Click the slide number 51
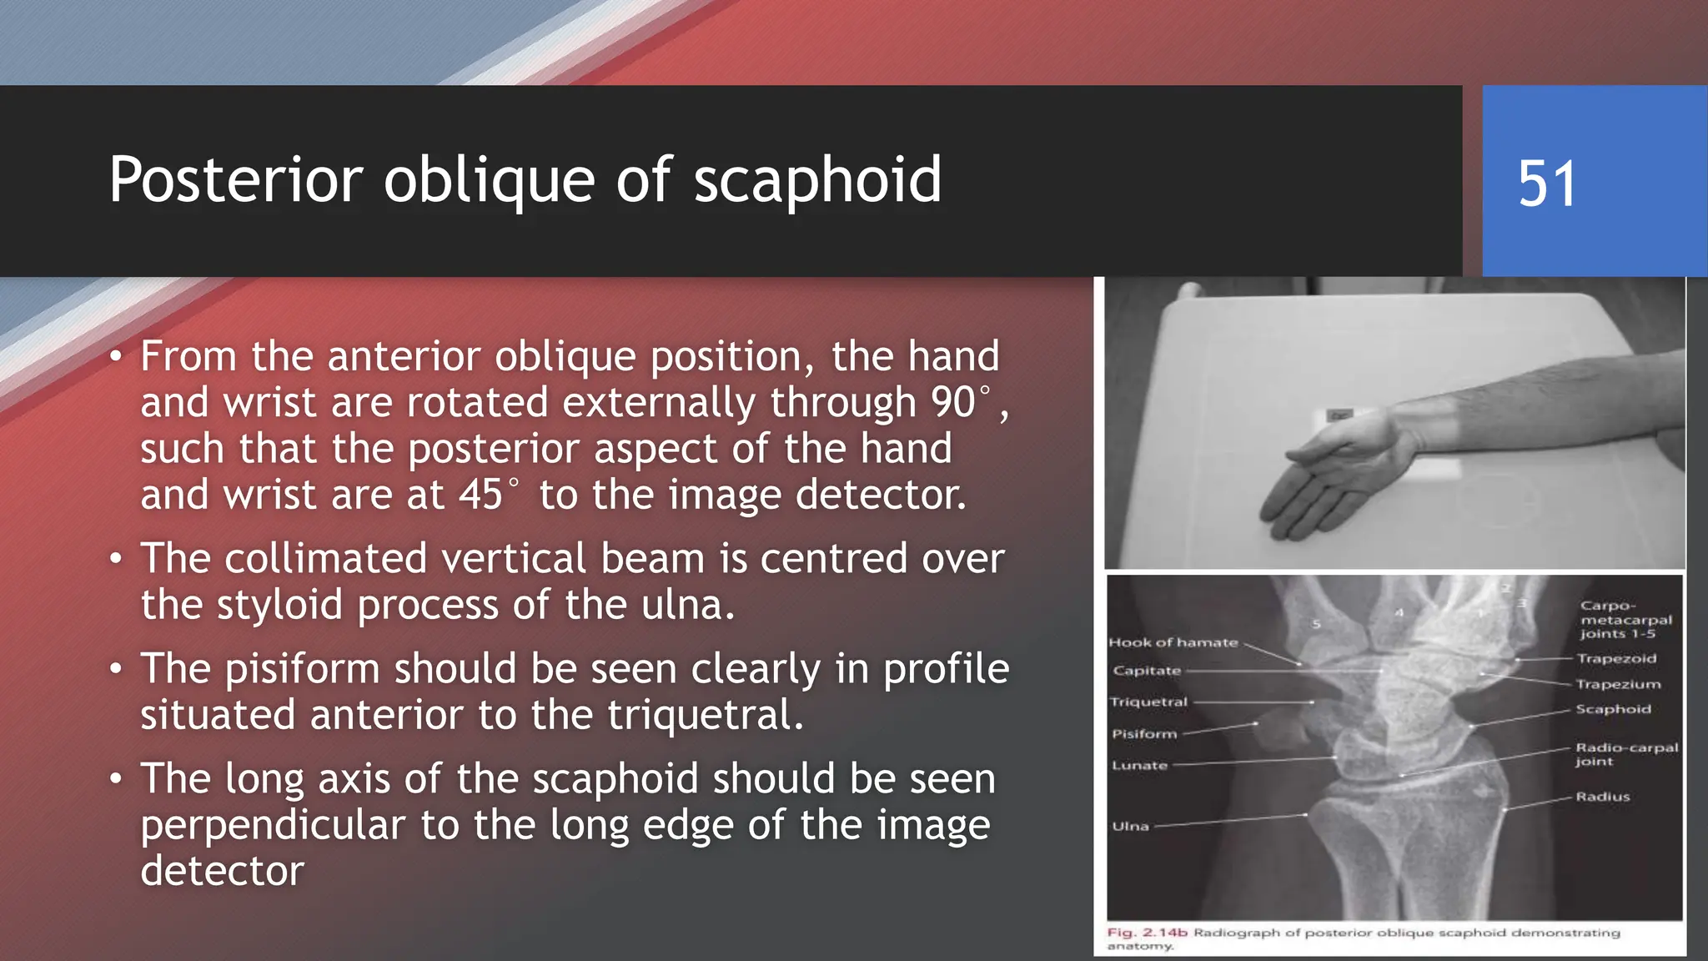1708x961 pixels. tap(1547, 184)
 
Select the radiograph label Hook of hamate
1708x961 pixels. tap(1173, 642)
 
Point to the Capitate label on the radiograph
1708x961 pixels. tap(1147, 671)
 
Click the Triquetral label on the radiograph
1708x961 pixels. tap(1148, 702)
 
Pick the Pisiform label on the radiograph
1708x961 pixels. tap(1144, 734)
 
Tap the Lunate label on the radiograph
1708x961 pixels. tap(1139, 765)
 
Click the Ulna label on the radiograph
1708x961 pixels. tap(1130, 826)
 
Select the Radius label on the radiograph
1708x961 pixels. tap(1602, 797)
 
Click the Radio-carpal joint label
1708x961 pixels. tap(1625, 754)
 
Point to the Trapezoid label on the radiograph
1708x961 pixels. tap(1616, 658)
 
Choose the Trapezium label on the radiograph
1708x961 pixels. tap(1618, 684)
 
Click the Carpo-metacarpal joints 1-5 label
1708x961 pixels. tap(1625, 620)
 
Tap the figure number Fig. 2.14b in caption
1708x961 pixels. tap(1147, 933)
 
